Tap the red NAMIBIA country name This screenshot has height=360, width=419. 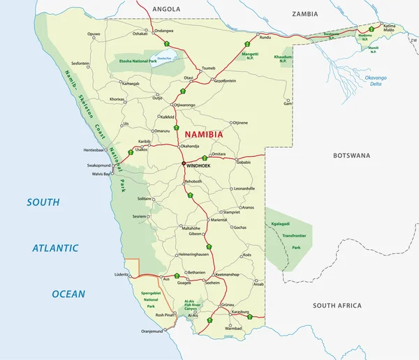[x=203, y=134]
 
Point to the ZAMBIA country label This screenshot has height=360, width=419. [x=304, y=14]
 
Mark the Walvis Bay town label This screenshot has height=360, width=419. [x=96, y=174]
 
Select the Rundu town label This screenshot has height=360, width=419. [x=265, y=36]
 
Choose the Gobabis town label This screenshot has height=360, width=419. [x=242, y=162]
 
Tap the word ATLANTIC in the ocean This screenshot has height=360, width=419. [x=55, y=248]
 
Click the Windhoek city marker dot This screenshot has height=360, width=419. [x=184, y=164]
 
